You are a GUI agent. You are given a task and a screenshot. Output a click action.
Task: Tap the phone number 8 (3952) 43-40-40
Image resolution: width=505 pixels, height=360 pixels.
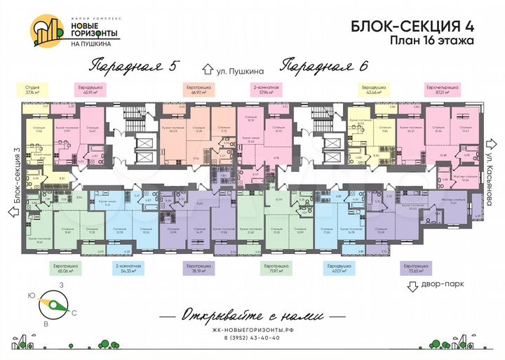point(251,338)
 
